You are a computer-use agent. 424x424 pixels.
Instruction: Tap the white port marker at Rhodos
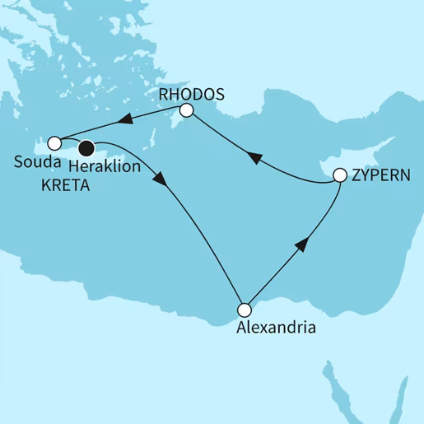[187, 110]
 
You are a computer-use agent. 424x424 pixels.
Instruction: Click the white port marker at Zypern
[340, 175]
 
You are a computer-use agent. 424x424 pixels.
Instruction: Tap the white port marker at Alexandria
[244, 310]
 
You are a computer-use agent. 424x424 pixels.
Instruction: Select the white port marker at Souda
[54, 142]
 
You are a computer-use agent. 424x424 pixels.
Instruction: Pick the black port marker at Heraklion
[86, 149]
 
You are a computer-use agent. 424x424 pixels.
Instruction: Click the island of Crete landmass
[107, 151]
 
